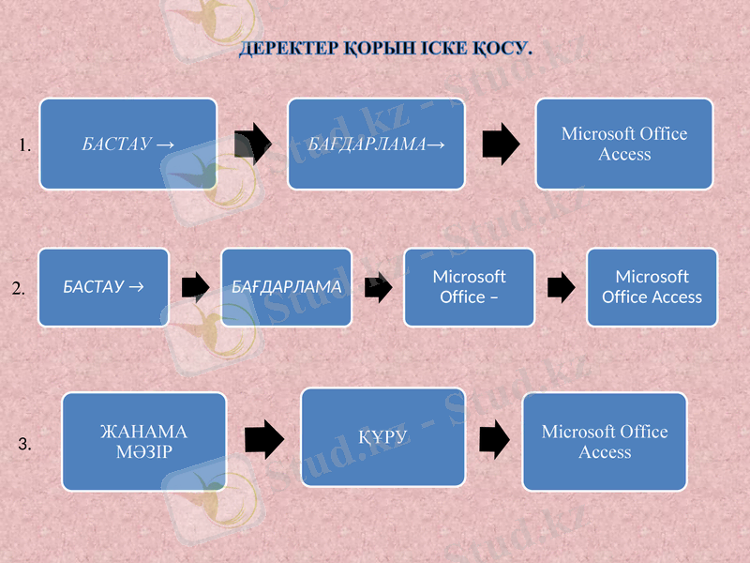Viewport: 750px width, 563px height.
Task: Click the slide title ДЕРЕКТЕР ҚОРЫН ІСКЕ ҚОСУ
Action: (x=385, y=48)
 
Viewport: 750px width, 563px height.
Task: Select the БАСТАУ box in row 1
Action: (x=127, y=144)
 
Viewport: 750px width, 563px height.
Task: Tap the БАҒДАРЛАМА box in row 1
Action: (x=376, y=144)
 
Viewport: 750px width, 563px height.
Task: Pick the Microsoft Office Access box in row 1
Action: (x=624, y=144)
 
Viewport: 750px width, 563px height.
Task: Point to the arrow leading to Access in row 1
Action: (x=500, y=143)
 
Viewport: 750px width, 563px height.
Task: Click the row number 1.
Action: (x=25, y=145)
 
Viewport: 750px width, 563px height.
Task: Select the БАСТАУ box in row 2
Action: (x=103, y=287)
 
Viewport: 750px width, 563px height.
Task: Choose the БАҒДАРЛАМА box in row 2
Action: (x=286, y=287)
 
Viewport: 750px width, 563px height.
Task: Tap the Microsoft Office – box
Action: (x=469, y=287)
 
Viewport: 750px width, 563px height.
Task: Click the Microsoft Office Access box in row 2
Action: (x=652, y=287)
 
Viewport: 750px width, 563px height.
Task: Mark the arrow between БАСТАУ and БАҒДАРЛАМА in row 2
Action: (x=194, y=287)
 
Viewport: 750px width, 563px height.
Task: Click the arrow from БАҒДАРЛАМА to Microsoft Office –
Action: (x=377, y=287)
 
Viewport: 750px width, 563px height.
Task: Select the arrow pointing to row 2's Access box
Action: (x=560, y=287)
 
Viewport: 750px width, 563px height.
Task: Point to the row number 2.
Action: (x=19, y=291)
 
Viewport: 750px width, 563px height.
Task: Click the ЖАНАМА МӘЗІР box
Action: (x=144, y=442)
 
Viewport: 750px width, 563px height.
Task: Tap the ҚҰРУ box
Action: (x=382, y=437)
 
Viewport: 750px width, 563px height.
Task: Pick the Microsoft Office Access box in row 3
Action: (x=605, y=442)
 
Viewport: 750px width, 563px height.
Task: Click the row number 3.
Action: (x=25, y=445)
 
